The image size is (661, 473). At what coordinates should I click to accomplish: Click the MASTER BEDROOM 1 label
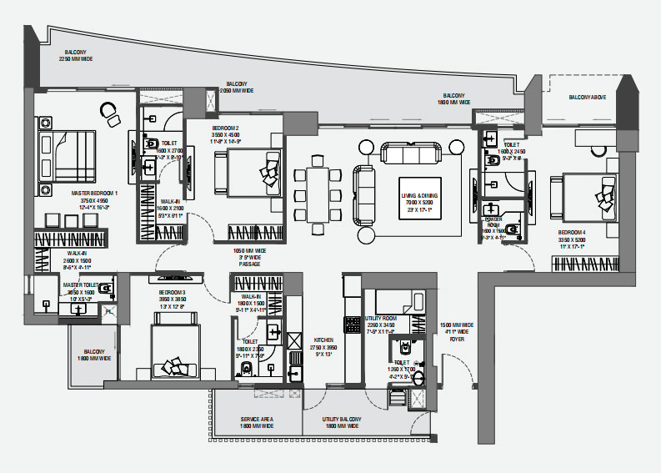pos(94,193)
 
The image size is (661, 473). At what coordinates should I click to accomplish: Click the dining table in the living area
pos(318,193)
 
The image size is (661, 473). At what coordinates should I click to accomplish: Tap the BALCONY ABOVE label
pos(588,98)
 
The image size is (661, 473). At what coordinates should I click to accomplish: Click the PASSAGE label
pos(249,263)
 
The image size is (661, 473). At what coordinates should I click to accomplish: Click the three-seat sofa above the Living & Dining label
pos(413,153)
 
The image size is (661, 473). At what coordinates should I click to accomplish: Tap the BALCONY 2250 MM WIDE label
pos(75,55)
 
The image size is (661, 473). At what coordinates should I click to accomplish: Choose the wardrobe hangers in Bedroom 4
pos(583,264)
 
